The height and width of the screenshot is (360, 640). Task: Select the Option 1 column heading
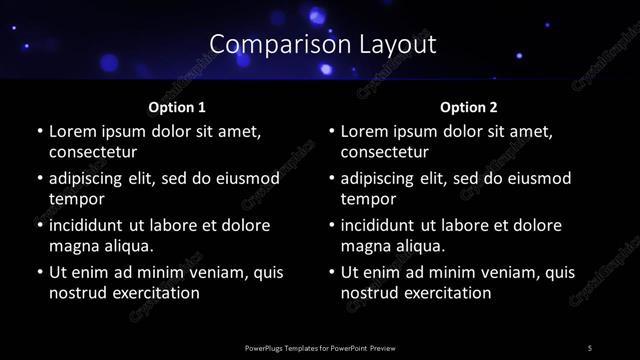[177, 106]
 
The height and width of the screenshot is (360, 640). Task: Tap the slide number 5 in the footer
[590, 348]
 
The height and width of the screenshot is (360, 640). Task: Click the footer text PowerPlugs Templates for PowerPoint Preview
[320, 348]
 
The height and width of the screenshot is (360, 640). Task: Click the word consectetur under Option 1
[93, 152]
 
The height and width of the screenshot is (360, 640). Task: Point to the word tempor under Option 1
[73, 199]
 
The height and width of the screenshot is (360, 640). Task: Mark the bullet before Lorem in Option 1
[39, 131]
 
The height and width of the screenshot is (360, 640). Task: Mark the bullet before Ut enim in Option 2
[331, 272]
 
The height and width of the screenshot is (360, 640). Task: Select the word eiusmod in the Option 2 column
[538, 178]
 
